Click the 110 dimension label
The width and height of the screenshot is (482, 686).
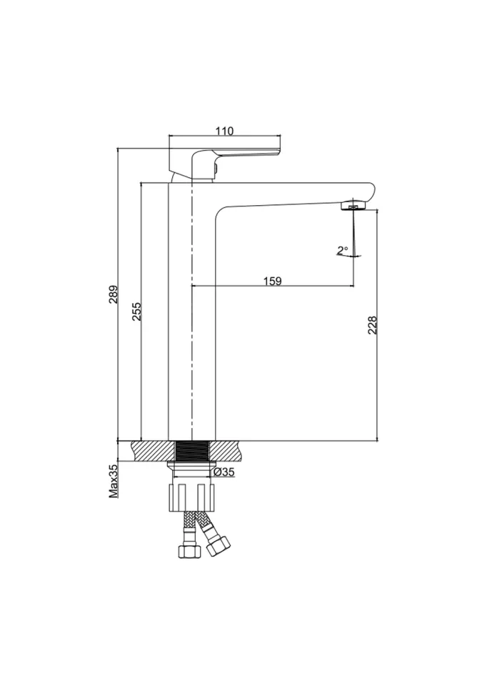pos(224,131)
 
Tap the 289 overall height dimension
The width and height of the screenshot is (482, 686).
pos(114,294)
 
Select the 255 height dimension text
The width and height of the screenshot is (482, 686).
pos(137,311)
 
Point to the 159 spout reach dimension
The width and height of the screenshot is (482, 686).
pos(273,280)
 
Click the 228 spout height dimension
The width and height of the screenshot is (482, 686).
pos(372,325)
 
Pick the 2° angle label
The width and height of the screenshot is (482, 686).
pos(342,250)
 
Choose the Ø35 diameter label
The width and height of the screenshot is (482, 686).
pos(225,472)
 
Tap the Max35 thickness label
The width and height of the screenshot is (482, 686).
pos(114,481)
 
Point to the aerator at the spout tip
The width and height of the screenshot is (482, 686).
pos(353,205)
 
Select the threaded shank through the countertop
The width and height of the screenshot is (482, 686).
pos(193,451)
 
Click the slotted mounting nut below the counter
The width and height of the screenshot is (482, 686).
pos(193,497)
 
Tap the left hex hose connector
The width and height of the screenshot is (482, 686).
pos(189,550)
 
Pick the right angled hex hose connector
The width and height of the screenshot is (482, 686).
pos(219,546)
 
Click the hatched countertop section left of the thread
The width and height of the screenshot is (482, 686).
pos(152,451)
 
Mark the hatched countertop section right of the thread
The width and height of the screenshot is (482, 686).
pos(226,451)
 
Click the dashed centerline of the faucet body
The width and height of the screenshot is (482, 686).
pos(191,311)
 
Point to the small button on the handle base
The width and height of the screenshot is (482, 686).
pos(216,168)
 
